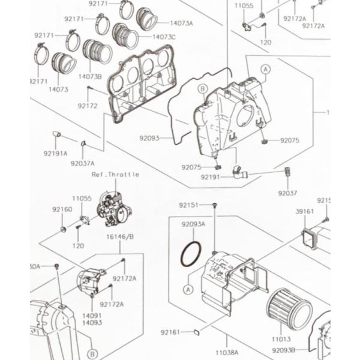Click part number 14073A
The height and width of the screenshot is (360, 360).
click(181, 23)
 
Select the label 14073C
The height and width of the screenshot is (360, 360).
click(164, 37)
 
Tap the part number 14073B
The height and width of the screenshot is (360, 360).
click(90, 77)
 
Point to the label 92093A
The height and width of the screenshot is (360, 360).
click(193, 224)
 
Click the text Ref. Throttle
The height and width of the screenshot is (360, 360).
click(115, 174)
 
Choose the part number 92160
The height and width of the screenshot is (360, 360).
click(62, 209)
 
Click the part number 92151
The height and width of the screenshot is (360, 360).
click(188, 205)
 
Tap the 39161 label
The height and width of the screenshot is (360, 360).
click(305, 212)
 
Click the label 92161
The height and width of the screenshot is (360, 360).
click(171, 331)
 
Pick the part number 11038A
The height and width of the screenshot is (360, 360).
click(225, 352)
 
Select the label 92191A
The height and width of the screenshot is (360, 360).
click(55, 153)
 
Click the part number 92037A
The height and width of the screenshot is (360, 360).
click(82, 163)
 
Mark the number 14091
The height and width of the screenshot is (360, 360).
click(92, 315)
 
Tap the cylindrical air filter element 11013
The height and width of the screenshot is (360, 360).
click(289, 308)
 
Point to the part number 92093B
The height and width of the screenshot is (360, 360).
click(283, 348)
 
